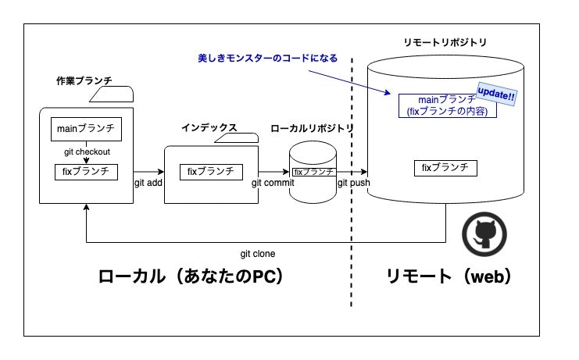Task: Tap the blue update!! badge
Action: pyautogui.click(x=496, y=94)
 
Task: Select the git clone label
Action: pyautogui.click(x=257, y=254)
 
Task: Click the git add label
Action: pyautogui.click(x=147, y=183)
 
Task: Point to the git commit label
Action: pyautogui.click(x=273, y=183)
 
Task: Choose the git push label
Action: pyautogui.click(x=353, y=183)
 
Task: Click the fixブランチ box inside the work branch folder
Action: pyautogui.click(x=86, y=170)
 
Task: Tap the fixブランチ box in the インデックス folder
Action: pyautogui.click(x=210, y=171)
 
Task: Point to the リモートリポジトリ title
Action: pyautogui.click(x=444, y=40)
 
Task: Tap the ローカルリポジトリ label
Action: pyautogui.click(x=312, y=128)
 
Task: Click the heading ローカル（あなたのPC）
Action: pyautogui.click(x=190, y=277)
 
